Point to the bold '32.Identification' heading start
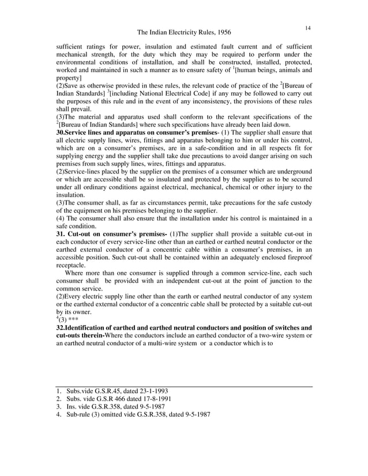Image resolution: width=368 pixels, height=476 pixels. [81, 327]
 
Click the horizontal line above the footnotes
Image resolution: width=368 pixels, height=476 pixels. [184, 386]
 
